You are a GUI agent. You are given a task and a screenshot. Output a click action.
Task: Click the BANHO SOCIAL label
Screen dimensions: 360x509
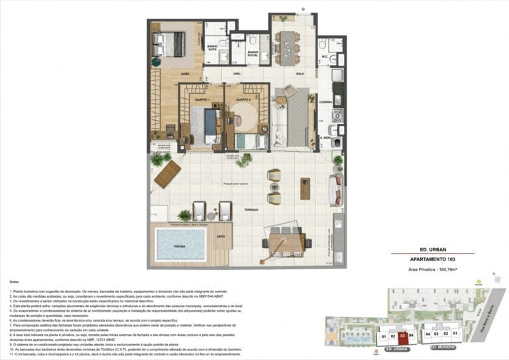point(253,53)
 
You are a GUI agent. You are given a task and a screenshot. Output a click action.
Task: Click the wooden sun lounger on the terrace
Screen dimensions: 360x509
point(167,174)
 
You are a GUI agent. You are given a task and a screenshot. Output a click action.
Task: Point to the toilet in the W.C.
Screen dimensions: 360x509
point(323,46)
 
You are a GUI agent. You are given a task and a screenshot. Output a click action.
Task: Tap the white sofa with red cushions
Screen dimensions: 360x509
point(336,189)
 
